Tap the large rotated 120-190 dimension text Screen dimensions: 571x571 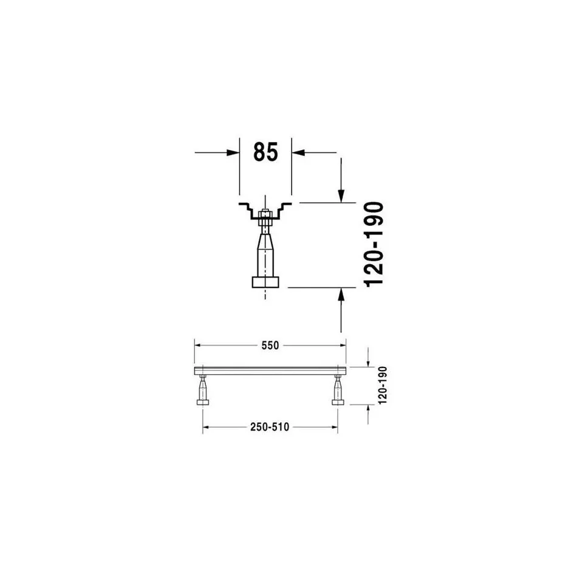pyautogui.click(x=374, y=244)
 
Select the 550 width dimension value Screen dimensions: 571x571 pyautogui.click(x=270, y=345)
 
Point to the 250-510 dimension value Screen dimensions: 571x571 pyautogui.click(x=270, y=427)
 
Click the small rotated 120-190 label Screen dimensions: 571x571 pyautogui.click(x=382, y=385)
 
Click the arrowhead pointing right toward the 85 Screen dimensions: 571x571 pyautogui.click(x=233, y=152)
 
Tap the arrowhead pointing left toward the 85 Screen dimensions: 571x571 pyautogui.click(x=298, y=152)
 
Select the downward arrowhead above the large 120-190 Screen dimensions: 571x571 pyautogui.click(x=341, y=196)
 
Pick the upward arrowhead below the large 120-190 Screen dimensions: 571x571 pyautogui.click(x=341, y=294)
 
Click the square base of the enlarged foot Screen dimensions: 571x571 pyautogui.click(x=265, y=282)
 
